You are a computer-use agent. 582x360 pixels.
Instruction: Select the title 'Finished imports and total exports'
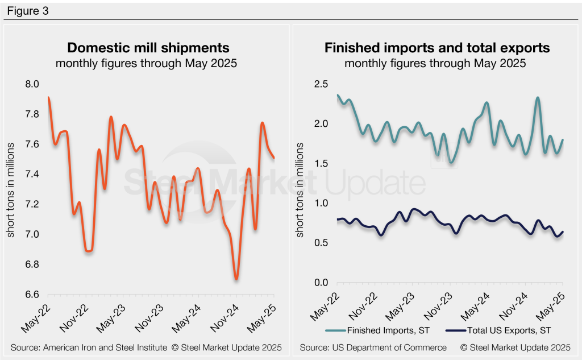pyautogui.click(x=436, y=47)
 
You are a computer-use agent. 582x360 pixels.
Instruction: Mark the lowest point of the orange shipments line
pyautogui.click(x=236, y=279)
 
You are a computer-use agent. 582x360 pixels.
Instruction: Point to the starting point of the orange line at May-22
pyautogui.click(x=48, y=97)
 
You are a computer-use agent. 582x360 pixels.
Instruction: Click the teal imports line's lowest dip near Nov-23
pyautogui.click(x=451, y=163)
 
